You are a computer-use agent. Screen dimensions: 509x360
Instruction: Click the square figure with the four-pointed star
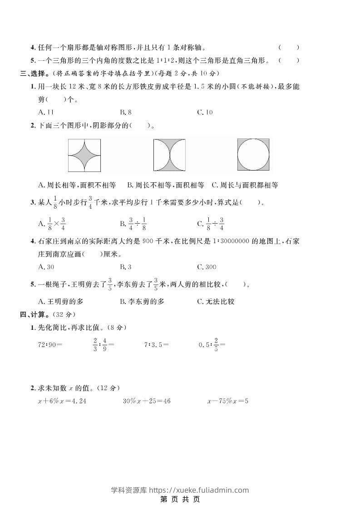[84, 155]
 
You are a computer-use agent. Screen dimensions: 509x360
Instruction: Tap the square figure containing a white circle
[253, 155]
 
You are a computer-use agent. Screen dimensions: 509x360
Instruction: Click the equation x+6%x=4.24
[62, 401]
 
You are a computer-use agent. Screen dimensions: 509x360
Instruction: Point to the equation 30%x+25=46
[147, 401]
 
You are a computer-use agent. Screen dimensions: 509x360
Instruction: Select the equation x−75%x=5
[227, 401]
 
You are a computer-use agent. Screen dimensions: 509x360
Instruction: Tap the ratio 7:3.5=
[157, 344]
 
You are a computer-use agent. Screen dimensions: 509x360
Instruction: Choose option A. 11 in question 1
[46, 112]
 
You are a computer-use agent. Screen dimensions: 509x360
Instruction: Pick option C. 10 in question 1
[205, 112]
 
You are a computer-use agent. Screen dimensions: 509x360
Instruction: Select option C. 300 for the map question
[207, 267]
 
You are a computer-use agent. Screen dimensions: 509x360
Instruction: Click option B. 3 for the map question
[126, 267]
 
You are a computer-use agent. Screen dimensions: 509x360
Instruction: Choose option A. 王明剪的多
[61, 301]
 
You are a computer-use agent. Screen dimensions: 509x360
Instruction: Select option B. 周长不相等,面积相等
[166, 185]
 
